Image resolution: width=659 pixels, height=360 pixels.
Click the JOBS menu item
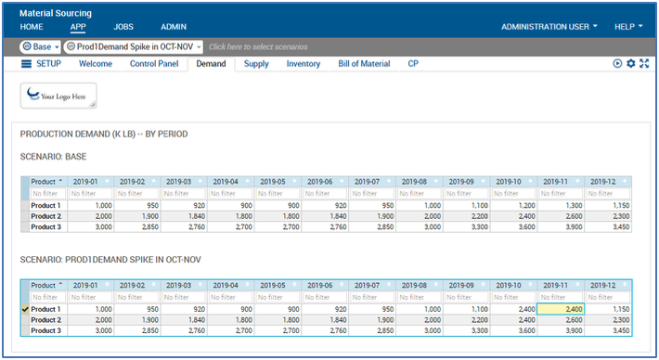pos(123,27)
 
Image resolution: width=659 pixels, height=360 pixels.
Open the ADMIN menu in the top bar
pos(174,27)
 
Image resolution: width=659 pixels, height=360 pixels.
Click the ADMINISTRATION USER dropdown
pos(549,27)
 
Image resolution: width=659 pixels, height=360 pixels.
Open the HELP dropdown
pos(627,27)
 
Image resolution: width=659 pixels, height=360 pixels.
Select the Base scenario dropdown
pos(40,46)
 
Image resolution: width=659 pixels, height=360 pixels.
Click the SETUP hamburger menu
pos(27,64)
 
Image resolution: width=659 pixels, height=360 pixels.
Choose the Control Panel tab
pos(154,64)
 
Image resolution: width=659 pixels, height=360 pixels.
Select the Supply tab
pos(256,64)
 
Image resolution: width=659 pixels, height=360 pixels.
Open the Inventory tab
pos(304,64)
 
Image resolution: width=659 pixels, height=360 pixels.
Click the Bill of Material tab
pos(364,64)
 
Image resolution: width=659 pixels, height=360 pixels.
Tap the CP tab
pos(413,64)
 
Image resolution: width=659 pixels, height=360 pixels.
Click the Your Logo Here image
pos(58,94)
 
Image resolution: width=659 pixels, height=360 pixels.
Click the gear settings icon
pos(630,64)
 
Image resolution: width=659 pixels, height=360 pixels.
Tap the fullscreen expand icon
pos(643,64)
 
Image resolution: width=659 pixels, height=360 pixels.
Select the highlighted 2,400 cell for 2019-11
pos(561,309)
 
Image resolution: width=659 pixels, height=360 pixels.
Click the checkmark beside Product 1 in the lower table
pos(25,309)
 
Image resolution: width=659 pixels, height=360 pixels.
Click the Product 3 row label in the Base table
pos(45,226)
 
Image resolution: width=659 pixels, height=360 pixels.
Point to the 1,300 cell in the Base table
pos(561,205)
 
